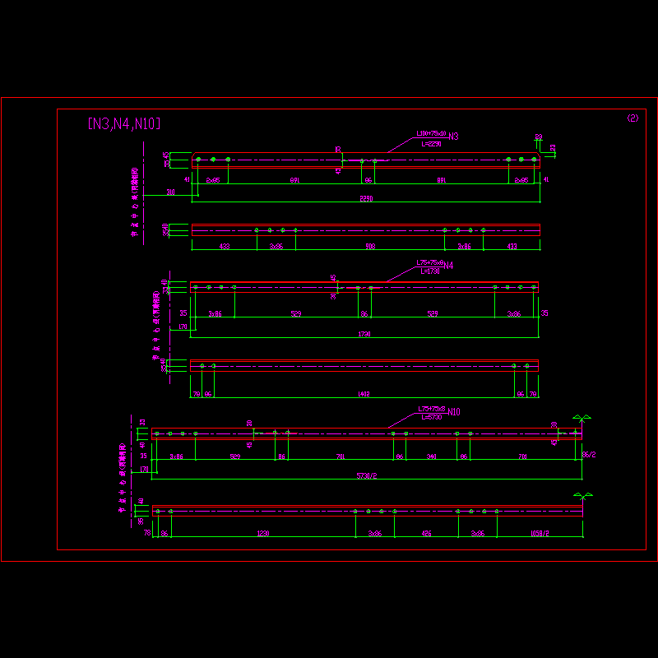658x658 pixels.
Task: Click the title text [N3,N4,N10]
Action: pos(123,124)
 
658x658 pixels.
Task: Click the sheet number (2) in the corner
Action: pos(633,118)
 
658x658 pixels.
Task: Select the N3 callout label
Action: pos(453,136)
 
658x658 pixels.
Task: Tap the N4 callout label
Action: pos(448,266)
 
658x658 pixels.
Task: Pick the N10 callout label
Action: pos(453,411)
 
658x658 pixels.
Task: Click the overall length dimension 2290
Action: pos(366,198)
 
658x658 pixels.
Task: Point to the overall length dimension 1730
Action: pos(364,334)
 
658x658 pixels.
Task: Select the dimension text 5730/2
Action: pos(366,475)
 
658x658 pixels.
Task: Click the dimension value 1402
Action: pos(364,394)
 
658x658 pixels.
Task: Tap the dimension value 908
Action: pos(369,246)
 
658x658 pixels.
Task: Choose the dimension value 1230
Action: pos(262,534)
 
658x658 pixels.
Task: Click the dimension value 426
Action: pos(426,534)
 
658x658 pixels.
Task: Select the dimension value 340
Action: pos(431,456)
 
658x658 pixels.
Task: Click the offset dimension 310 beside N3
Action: pos(170,192)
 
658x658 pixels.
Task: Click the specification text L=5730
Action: pos(431,417)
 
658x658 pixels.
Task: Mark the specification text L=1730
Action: pos(429,271)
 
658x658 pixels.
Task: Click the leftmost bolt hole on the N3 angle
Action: pos(198,159)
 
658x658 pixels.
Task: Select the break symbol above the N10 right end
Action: pos(582,419)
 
